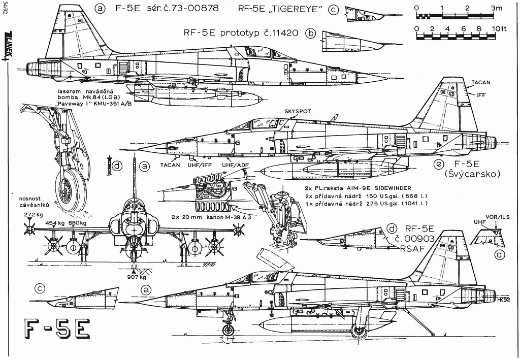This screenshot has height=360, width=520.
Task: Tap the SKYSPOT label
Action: pos(298,111)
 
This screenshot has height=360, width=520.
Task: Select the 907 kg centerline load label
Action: pos(136,277)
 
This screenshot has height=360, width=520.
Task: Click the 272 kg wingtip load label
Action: pos(32,215)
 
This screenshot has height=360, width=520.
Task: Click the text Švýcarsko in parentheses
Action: pos(472,174)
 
